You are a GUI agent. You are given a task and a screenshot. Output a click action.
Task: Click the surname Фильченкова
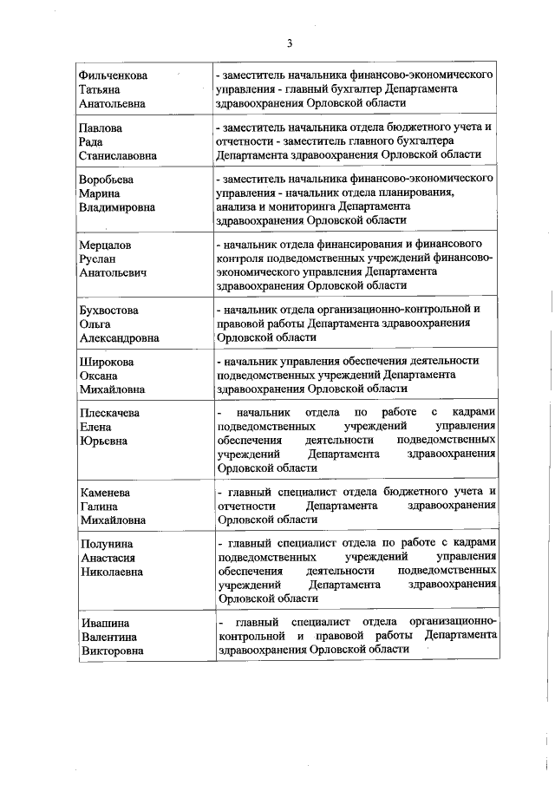[x=113, y=75]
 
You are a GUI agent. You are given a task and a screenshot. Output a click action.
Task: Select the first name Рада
[x=92, y=141]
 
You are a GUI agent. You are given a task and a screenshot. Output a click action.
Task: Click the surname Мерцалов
[x=105, y=245]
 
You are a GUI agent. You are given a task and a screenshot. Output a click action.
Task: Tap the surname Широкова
[x=106, y=362]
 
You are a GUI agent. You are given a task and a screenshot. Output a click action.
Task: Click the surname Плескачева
[x=109, y=413]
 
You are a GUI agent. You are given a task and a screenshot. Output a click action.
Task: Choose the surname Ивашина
[x=103, y=623]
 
